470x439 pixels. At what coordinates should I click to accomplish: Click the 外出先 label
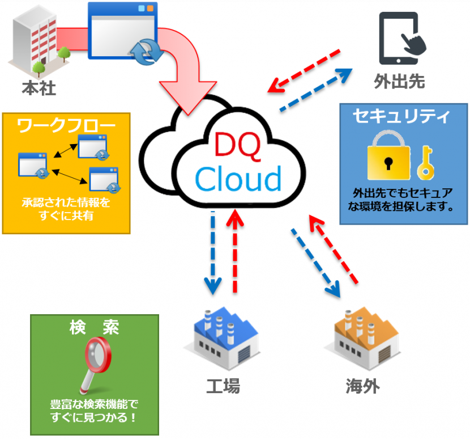[x=399, y=81]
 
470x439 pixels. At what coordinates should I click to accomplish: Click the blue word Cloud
[x=238, y=179]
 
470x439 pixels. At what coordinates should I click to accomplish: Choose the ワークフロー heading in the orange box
[x=66, y=126]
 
